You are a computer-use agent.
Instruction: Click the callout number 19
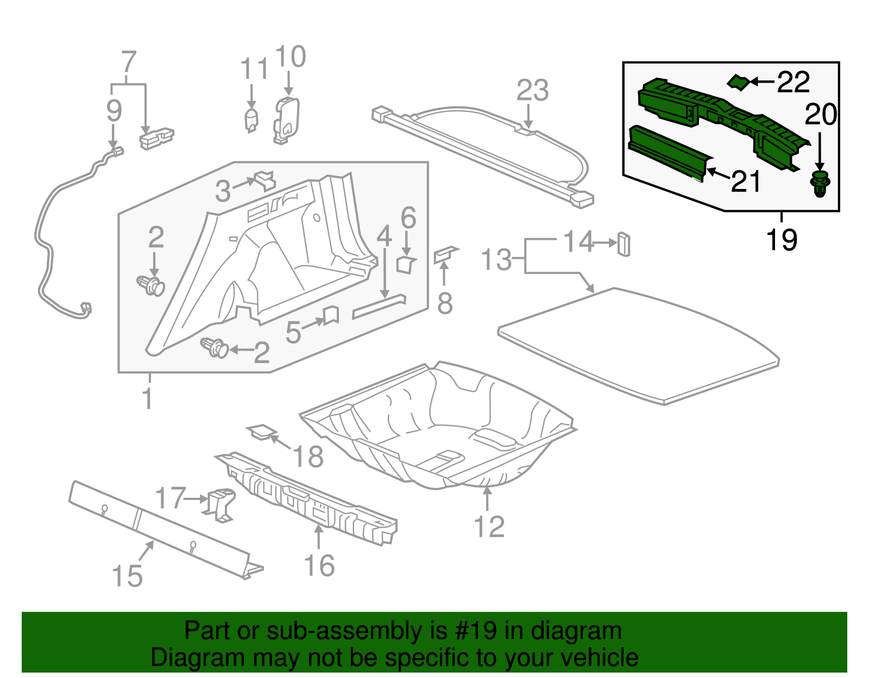pyautogui.click(x=782, y=239)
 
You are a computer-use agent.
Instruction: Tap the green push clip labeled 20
pyautogui.click(x=820, y=183)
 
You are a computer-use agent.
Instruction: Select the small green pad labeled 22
pyautogui.click(x=738, y=83)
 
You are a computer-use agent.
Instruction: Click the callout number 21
pyautogui.click(x=746, y=181)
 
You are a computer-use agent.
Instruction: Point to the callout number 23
pyautogui.click(x=532, y=91)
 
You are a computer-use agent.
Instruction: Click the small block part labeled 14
pyautogui.click(x=624, y=244)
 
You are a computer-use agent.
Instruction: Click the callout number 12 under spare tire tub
pyautogui.click(x=489, y=527)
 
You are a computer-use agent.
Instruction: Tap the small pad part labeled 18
pyautogui.click(x=261, y=432)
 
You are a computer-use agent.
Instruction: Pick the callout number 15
pyautogui.click(x=127, y=576)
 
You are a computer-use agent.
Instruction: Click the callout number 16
pyautogui.click(x=319, y=566)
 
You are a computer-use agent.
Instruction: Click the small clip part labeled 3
pyautogui.click(x=265, y=180)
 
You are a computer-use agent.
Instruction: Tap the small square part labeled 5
pyautogui.click(x=331, y=315)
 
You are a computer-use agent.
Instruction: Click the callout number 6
pyautogui.click(x=408, y=218)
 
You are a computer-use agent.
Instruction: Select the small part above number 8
pyautogui.click(x=445, y=253)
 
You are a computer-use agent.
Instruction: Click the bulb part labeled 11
pyautogui.click(x=251, y=120)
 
